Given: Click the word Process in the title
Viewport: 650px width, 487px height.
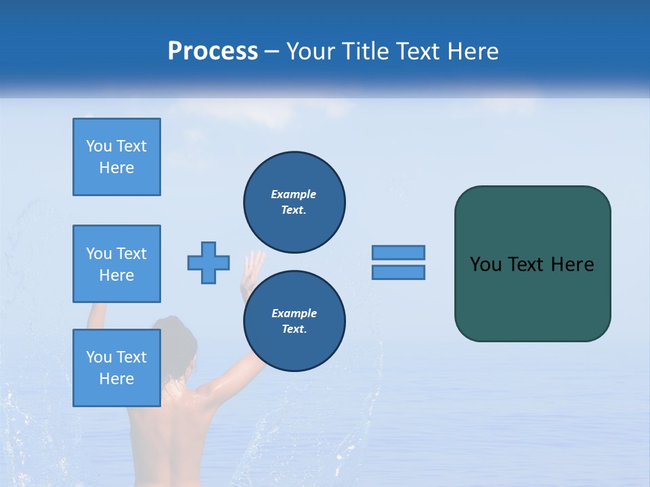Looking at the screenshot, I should click(213, 51).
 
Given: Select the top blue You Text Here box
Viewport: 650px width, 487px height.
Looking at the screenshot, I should click(116, 157).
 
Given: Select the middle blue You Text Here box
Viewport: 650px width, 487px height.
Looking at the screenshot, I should click(116, 264).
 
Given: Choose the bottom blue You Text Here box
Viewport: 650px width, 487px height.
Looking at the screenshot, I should click(116, 368).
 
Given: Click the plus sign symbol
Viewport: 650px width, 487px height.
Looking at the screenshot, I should click(209, 262).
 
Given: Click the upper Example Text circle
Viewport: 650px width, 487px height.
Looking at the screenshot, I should click(295, 202).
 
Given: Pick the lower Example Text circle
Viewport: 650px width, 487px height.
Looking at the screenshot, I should click(295, 321).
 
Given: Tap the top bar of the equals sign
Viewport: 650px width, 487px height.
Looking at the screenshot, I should click(398, 252).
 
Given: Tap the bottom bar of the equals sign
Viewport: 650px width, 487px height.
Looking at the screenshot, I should click(398, 272).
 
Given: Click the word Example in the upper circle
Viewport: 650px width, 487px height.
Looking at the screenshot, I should click(294, 194).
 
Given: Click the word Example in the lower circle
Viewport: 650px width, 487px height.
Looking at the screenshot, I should click(294, 313).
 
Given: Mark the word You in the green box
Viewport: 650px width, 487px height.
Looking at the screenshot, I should click(485, 264).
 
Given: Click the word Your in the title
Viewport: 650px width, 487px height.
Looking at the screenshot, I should click(310, 51).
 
